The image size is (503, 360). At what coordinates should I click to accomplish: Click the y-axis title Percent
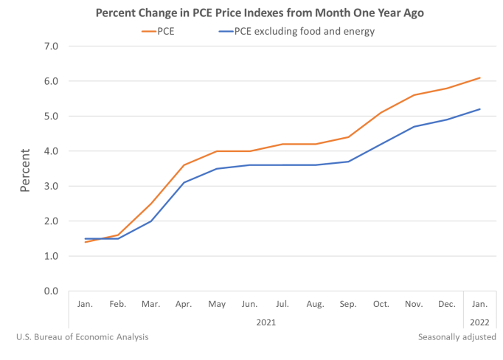click(25, 169)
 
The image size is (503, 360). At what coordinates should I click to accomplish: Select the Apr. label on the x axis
click(184, 303)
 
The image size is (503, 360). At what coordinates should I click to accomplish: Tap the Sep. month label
click(349, 303)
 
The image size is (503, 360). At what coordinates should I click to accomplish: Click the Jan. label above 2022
click(480, 303)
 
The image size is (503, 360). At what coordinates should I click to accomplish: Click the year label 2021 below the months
click(267, 322)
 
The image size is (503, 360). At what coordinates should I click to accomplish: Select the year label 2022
click(480, 322)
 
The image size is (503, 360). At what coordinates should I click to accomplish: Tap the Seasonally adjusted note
click(457, 337)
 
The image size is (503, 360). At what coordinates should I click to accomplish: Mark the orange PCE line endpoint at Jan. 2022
click(480, 77)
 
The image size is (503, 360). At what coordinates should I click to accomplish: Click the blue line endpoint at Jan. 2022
click(480, 109)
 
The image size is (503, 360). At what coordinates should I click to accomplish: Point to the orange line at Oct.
click(381, 113)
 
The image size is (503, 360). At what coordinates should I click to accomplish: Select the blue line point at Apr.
click(184, 183)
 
